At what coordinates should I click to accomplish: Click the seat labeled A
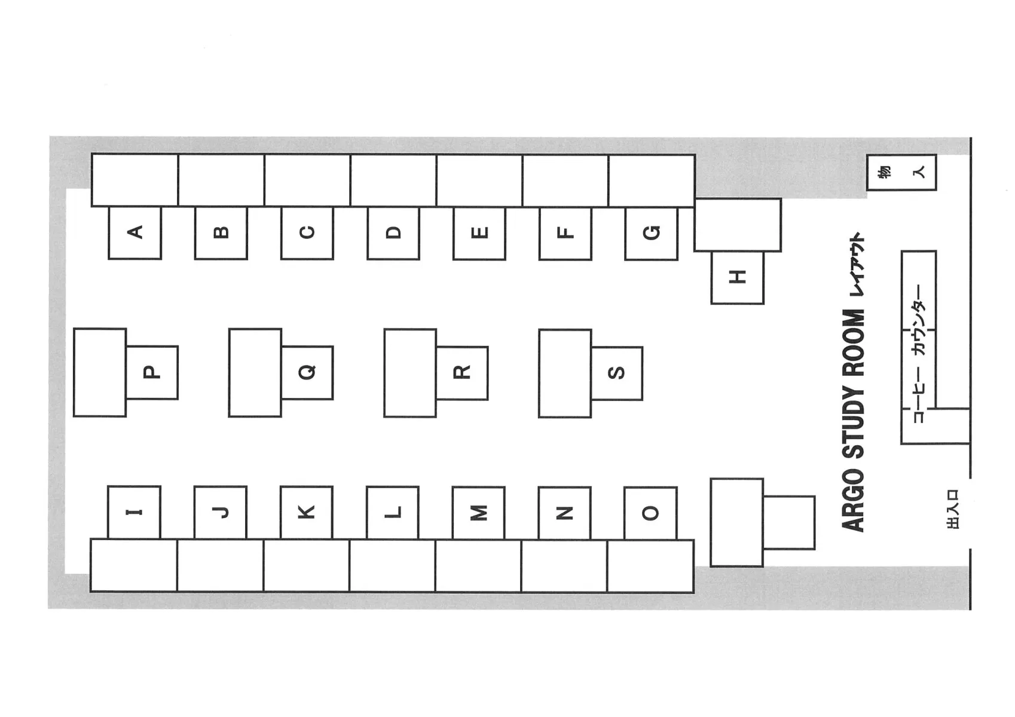[x=135, y=233]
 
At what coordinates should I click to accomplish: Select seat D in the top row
[x=393, y=233]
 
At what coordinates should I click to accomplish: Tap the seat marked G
[x=652, y=234]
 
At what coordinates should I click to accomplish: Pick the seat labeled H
[x=737, y=277]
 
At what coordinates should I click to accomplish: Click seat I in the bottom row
[x=134, y=512]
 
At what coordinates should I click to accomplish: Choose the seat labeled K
[x=306, y=513]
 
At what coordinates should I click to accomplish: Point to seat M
[x=478, y=513]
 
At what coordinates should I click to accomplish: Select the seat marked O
[x=651, y=514]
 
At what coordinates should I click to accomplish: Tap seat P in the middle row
[x=152, y=373]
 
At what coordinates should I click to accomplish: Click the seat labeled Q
[x=307, y=373]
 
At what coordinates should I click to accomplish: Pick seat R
[x=462, y=373]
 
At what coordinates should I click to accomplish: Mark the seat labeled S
[x=617, y=373]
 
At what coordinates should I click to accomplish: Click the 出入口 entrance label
[x=953, y=509]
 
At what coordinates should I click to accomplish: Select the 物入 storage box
[x=901, y=173]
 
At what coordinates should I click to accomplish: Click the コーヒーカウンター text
[x=919, y=354]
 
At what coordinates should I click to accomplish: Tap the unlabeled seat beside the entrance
[x=789, y=523]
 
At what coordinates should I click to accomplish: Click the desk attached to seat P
[x=100, y=372]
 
